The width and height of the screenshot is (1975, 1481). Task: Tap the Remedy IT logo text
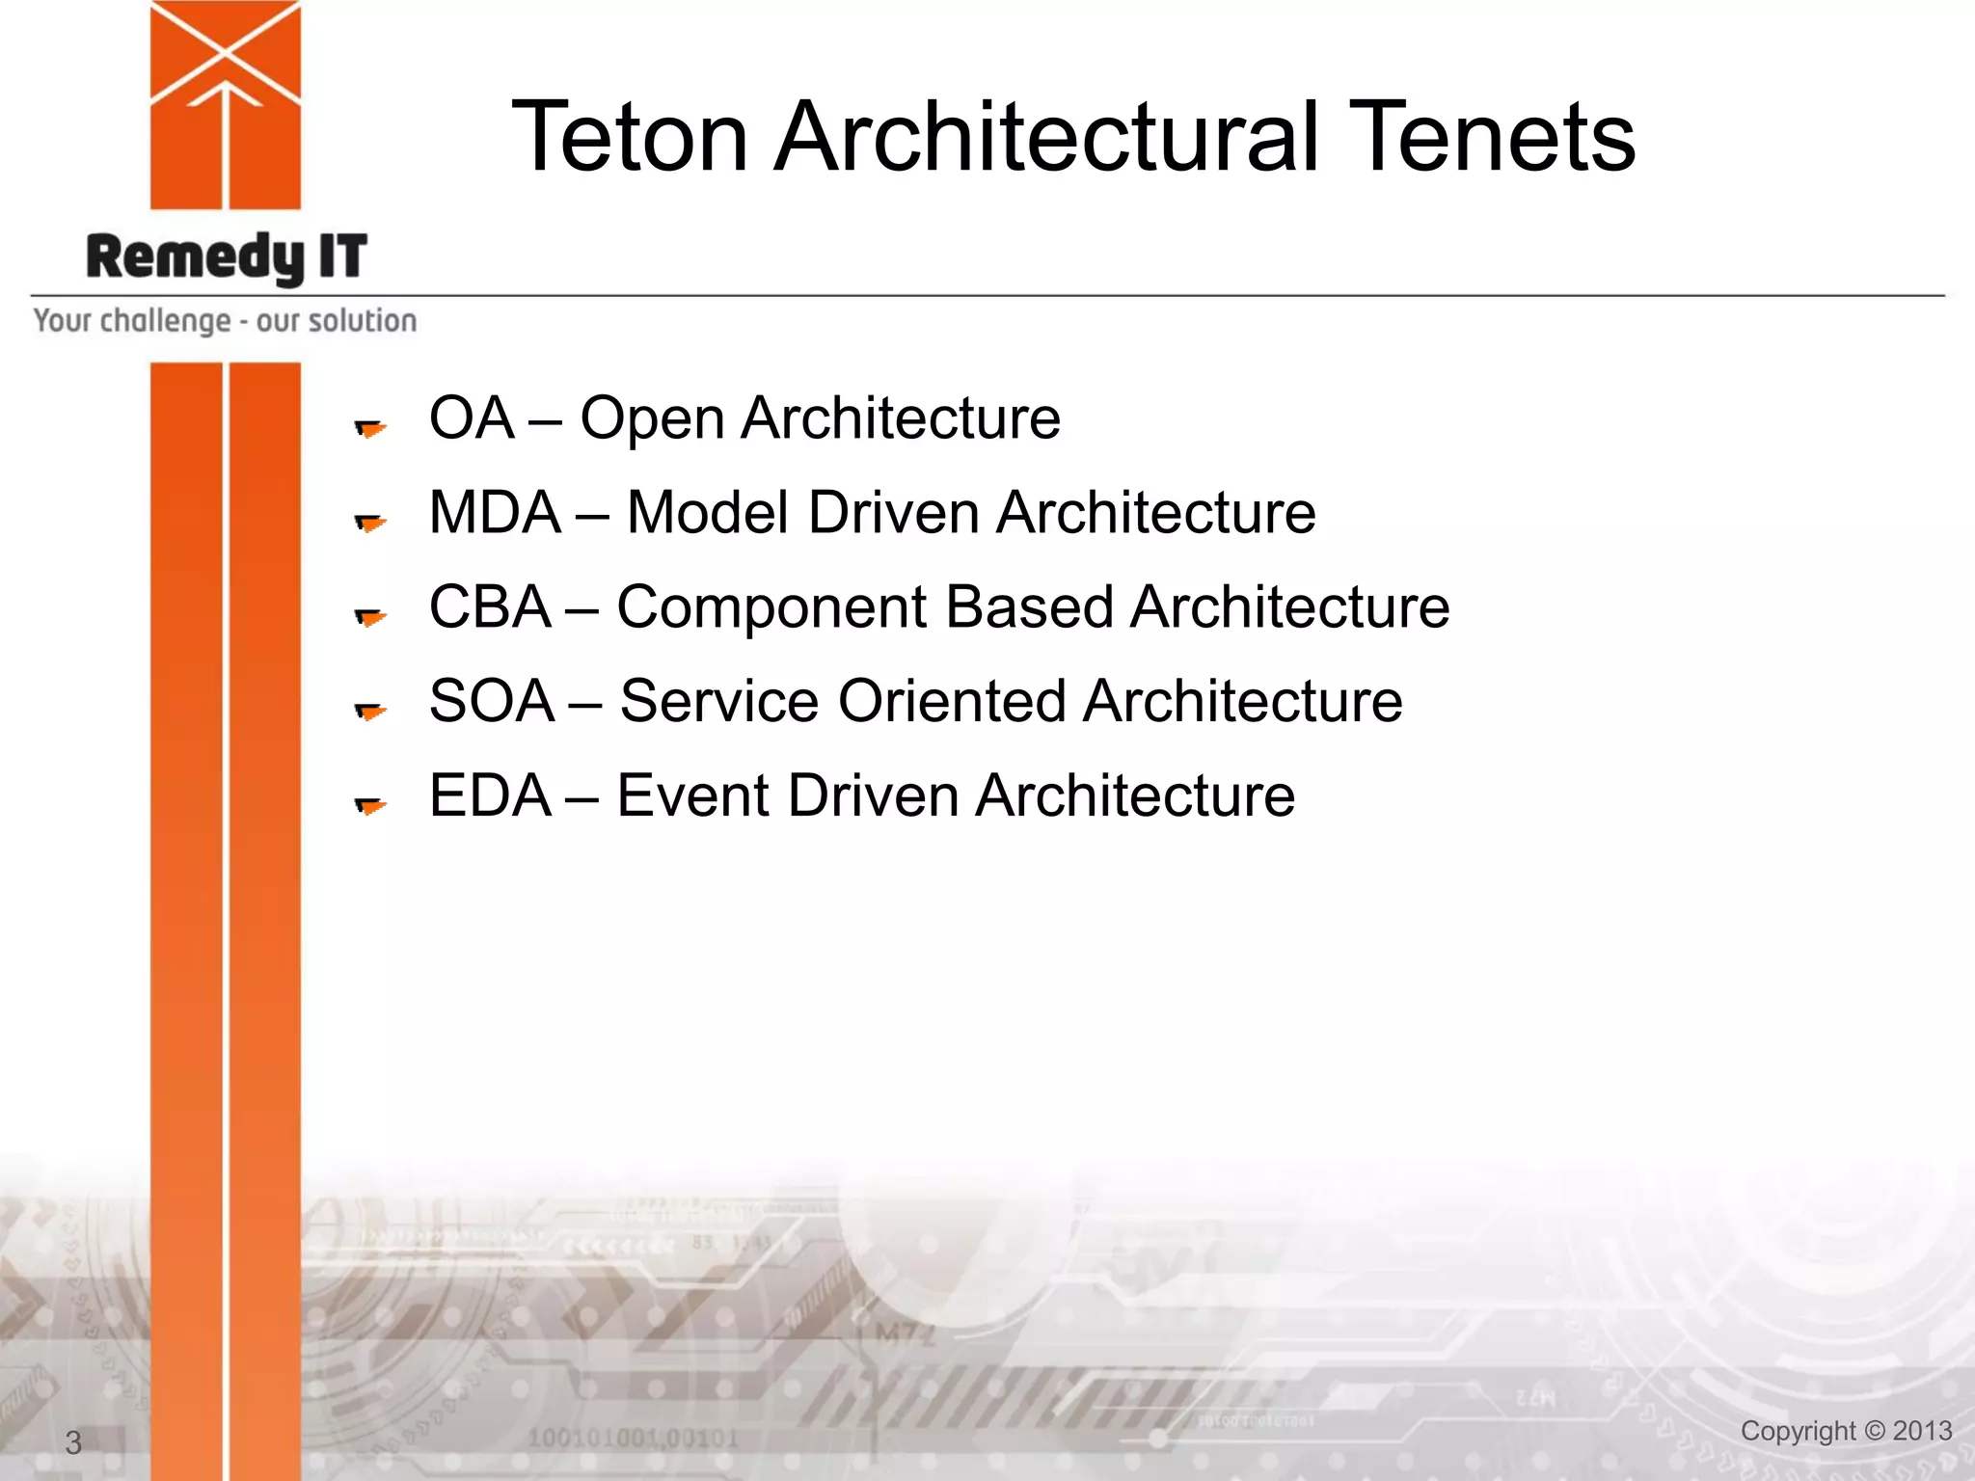tap(227, 257)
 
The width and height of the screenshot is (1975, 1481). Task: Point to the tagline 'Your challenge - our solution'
tap(225, 320)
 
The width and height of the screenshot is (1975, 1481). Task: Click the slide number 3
tap(73, 1442)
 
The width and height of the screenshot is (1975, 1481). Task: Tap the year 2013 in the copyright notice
tap(1922, 1431)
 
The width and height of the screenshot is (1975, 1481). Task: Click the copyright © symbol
tap(1874, 1431)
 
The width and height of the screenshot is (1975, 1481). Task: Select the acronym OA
tap(472, 418)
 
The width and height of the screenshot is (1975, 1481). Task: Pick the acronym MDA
tap(495, 512)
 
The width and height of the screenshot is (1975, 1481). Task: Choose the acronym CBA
tap(490, 607)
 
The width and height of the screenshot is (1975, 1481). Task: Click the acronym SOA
tap(492, 701)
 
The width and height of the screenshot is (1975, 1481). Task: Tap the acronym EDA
tap(490, 796)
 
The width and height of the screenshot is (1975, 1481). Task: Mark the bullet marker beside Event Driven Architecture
tap(370, 805)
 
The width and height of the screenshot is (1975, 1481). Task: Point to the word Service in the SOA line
tap(719, 701)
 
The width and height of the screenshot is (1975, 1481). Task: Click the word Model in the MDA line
tap(709, 512)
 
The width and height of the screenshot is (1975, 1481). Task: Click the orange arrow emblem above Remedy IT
tap(226, 104)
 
